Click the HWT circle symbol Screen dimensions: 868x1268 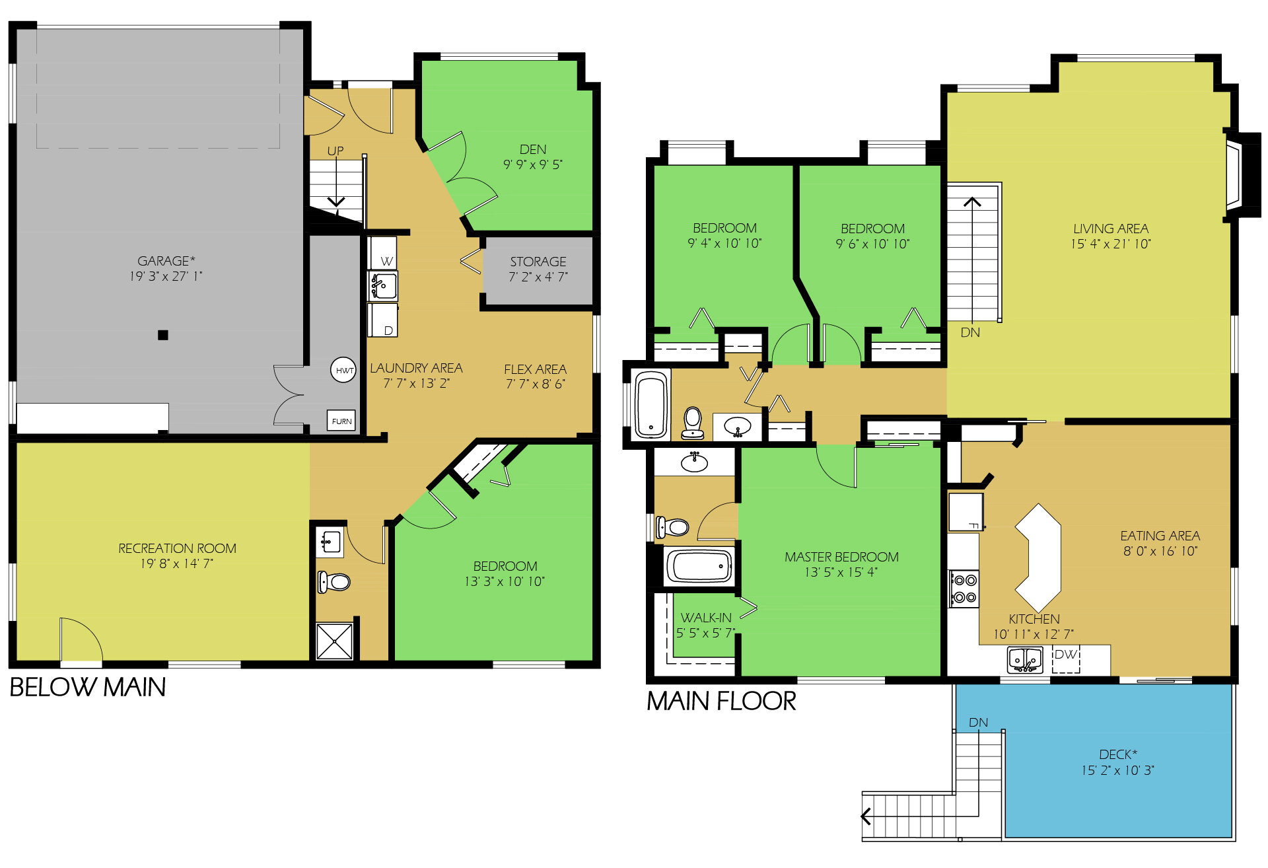pyautogui.click(x=343, y=370)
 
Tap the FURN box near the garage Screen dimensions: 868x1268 pyautogui.click(x=341, y=421)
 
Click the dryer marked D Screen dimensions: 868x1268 pyautogui.click(x=384, y=321)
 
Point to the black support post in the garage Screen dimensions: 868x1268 pyautogui.click(x=163, y=335)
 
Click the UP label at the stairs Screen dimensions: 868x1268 pyautogui.click(x=335, y=151)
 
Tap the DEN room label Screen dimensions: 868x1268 pyautogui.click(x=533, y=149)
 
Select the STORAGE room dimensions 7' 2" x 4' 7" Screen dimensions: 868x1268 pyautogui.click(x=538, y=277)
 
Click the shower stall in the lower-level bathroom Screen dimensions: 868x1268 pyautogui.click(x=334, y=641)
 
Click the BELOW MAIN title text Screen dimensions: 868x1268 pyautogui.click(x=88, y=688)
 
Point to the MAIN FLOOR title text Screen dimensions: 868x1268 pyautogui.click(x=721, y=702)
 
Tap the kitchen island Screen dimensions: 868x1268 pyautogui.click(x=1038, y=558)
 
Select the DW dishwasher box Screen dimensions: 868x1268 pyautogui.click(x=1066, y=659)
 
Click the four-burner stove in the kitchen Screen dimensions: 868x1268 pyautogui.click(x=964, y=589)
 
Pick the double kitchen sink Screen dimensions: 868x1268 pyautogui.click(x=1024, y=659)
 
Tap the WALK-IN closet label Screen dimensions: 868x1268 pyautogui.click(x=706, y=618)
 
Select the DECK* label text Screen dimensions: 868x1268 pyautogui.click(x=1117, y=754)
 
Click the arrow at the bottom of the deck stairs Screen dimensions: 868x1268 pyautogui.click(x=866, y=816)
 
